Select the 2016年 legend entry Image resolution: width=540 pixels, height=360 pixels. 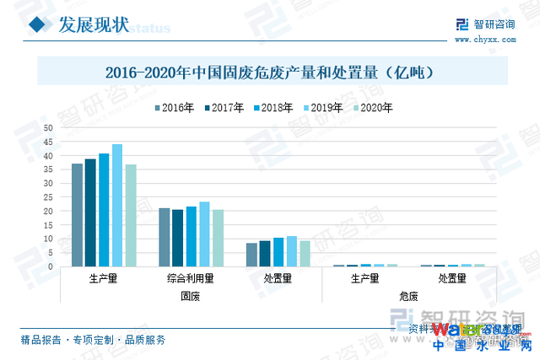[175, 107]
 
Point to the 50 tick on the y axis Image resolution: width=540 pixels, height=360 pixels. [48, 128]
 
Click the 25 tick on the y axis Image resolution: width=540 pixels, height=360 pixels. [48, 197]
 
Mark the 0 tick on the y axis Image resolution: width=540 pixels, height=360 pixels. [51, 267]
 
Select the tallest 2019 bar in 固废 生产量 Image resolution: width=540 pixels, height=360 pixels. [117, 206]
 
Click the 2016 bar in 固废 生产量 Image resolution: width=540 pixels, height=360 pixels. [77, 215]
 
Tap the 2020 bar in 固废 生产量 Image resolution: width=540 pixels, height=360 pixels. [131, 216]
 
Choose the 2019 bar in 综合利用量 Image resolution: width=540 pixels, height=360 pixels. [204, 234]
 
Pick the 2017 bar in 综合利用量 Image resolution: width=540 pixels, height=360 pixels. [177, 239]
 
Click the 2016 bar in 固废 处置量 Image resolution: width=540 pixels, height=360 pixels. [251, 255]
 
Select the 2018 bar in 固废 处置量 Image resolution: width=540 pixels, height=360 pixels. [278, 252]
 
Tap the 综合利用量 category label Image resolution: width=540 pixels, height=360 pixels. [191, 278]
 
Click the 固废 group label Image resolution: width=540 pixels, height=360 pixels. [191, 296]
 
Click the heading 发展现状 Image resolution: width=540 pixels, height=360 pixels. [93, 25]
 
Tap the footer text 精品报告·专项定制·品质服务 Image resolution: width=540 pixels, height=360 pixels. [93, 341]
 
